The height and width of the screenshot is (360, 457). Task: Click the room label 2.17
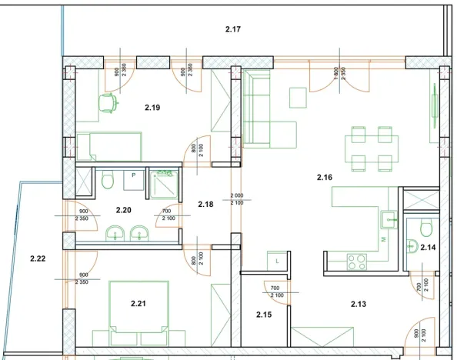234,30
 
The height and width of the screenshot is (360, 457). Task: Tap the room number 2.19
152,108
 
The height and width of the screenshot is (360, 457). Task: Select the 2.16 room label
325,178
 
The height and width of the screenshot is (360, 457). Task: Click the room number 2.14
427,247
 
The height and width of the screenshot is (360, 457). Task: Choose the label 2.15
264,314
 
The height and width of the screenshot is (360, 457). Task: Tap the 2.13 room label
359,304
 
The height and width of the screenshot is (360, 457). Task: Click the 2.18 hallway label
205,205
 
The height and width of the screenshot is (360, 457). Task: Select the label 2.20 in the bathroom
124,209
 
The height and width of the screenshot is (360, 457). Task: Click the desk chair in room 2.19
109,102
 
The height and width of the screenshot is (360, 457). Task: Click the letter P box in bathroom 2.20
134,175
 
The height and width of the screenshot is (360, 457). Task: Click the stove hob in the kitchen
357,262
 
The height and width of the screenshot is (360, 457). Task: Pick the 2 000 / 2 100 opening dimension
238,198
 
